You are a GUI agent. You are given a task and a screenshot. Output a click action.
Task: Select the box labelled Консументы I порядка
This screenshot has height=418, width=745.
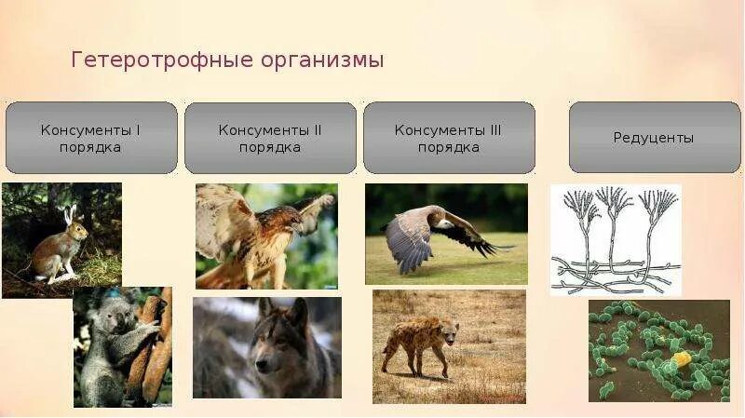pos(91,138)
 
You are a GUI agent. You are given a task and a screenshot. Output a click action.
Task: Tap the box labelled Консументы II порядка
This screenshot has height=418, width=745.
pos(270,138)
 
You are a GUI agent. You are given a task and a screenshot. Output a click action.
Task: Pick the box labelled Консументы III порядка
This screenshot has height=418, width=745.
pos(450,138)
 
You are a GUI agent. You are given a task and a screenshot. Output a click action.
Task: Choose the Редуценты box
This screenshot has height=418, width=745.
pos(655,137)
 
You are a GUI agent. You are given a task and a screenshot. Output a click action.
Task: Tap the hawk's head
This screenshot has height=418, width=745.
pos(288,221)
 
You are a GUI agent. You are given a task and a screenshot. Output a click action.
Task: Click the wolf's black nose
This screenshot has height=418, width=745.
pos(263,366)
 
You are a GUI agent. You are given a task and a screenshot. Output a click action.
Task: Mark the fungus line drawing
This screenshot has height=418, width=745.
pos(616,240)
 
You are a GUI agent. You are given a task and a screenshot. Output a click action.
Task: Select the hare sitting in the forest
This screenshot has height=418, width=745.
pos(60,249)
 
